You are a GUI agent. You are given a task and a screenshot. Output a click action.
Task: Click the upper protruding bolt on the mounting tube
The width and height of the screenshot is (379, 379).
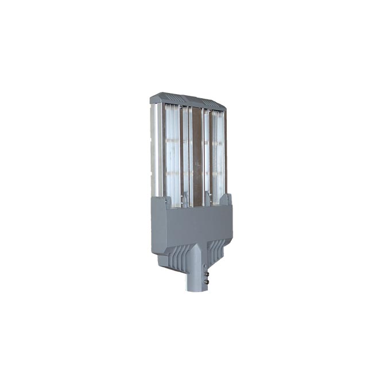(206, 268)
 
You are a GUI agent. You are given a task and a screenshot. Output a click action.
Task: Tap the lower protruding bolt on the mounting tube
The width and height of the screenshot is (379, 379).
(206, 281)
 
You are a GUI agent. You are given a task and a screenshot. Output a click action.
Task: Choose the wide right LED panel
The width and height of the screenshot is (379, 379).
(216, 152)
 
